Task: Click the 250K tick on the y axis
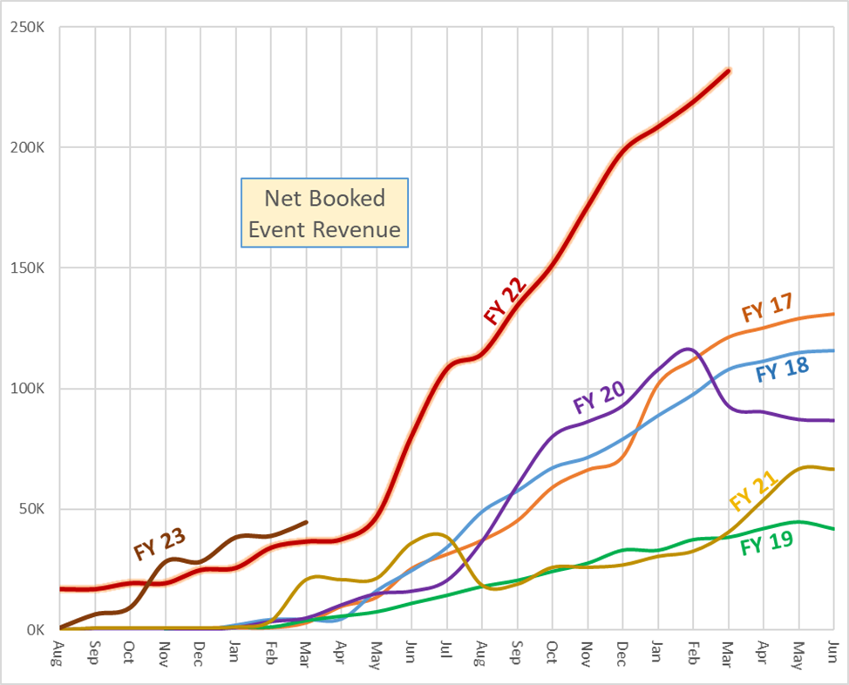point(29,27)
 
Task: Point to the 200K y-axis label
point(29,147)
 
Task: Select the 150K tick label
point(29,268)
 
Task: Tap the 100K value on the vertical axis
point(29,389)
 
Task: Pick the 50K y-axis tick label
point(32,509)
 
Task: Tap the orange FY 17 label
point(766,309)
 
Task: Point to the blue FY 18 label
point(782,370)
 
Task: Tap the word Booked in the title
point(341,199)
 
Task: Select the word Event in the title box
point(276,230)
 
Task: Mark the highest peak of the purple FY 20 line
point(687,349)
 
